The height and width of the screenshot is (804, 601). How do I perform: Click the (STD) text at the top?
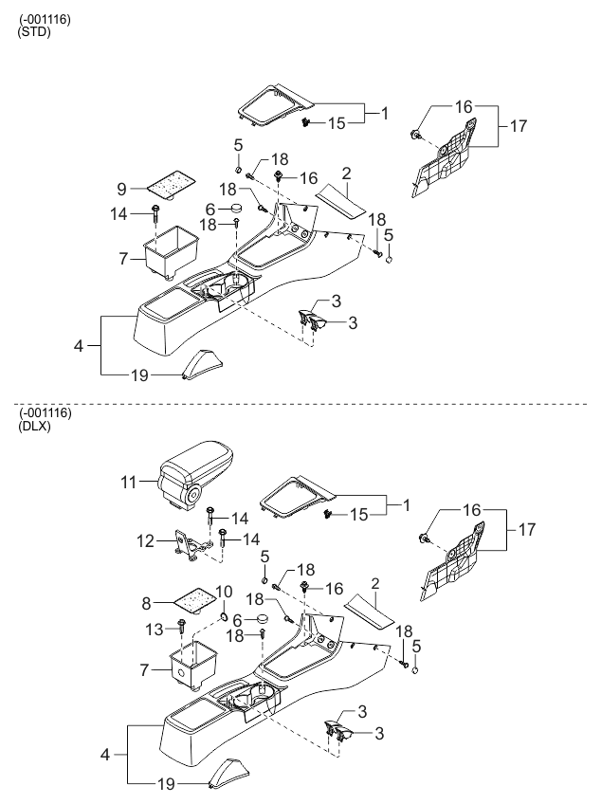[34, 32]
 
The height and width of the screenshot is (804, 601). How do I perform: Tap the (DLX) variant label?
[34, 426]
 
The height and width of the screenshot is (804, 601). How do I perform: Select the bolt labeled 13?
[180, 627]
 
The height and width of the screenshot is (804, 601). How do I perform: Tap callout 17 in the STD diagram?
[517, 126]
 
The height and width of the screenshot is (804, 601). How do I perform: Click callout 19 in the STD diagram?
[139, 375]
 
